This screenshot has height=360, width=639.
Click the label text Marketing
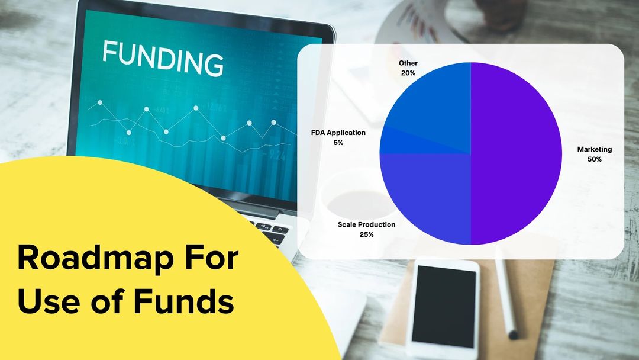pyautogui.click(x=594, y=149)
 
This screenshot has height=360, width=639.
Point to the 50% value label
pyautogui.click(x=594, y=159)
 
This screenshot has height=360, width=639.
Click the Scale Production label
pyautogui.click(x=366, y=224)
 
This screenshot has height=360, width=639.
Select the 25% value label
pyautogui.click(x=366, y=234)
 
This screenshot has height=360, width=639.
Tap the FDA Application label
pyautogui.click(x=338, y=133)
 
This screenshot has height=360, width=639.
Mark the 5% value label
pyautogui.click(x=338, y=143)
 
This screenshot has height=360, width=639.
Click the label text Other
pyautogui.click(x=408, y=62)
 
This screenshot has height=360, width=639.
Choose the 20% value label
pyautogui.click(x=408, y=73)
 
